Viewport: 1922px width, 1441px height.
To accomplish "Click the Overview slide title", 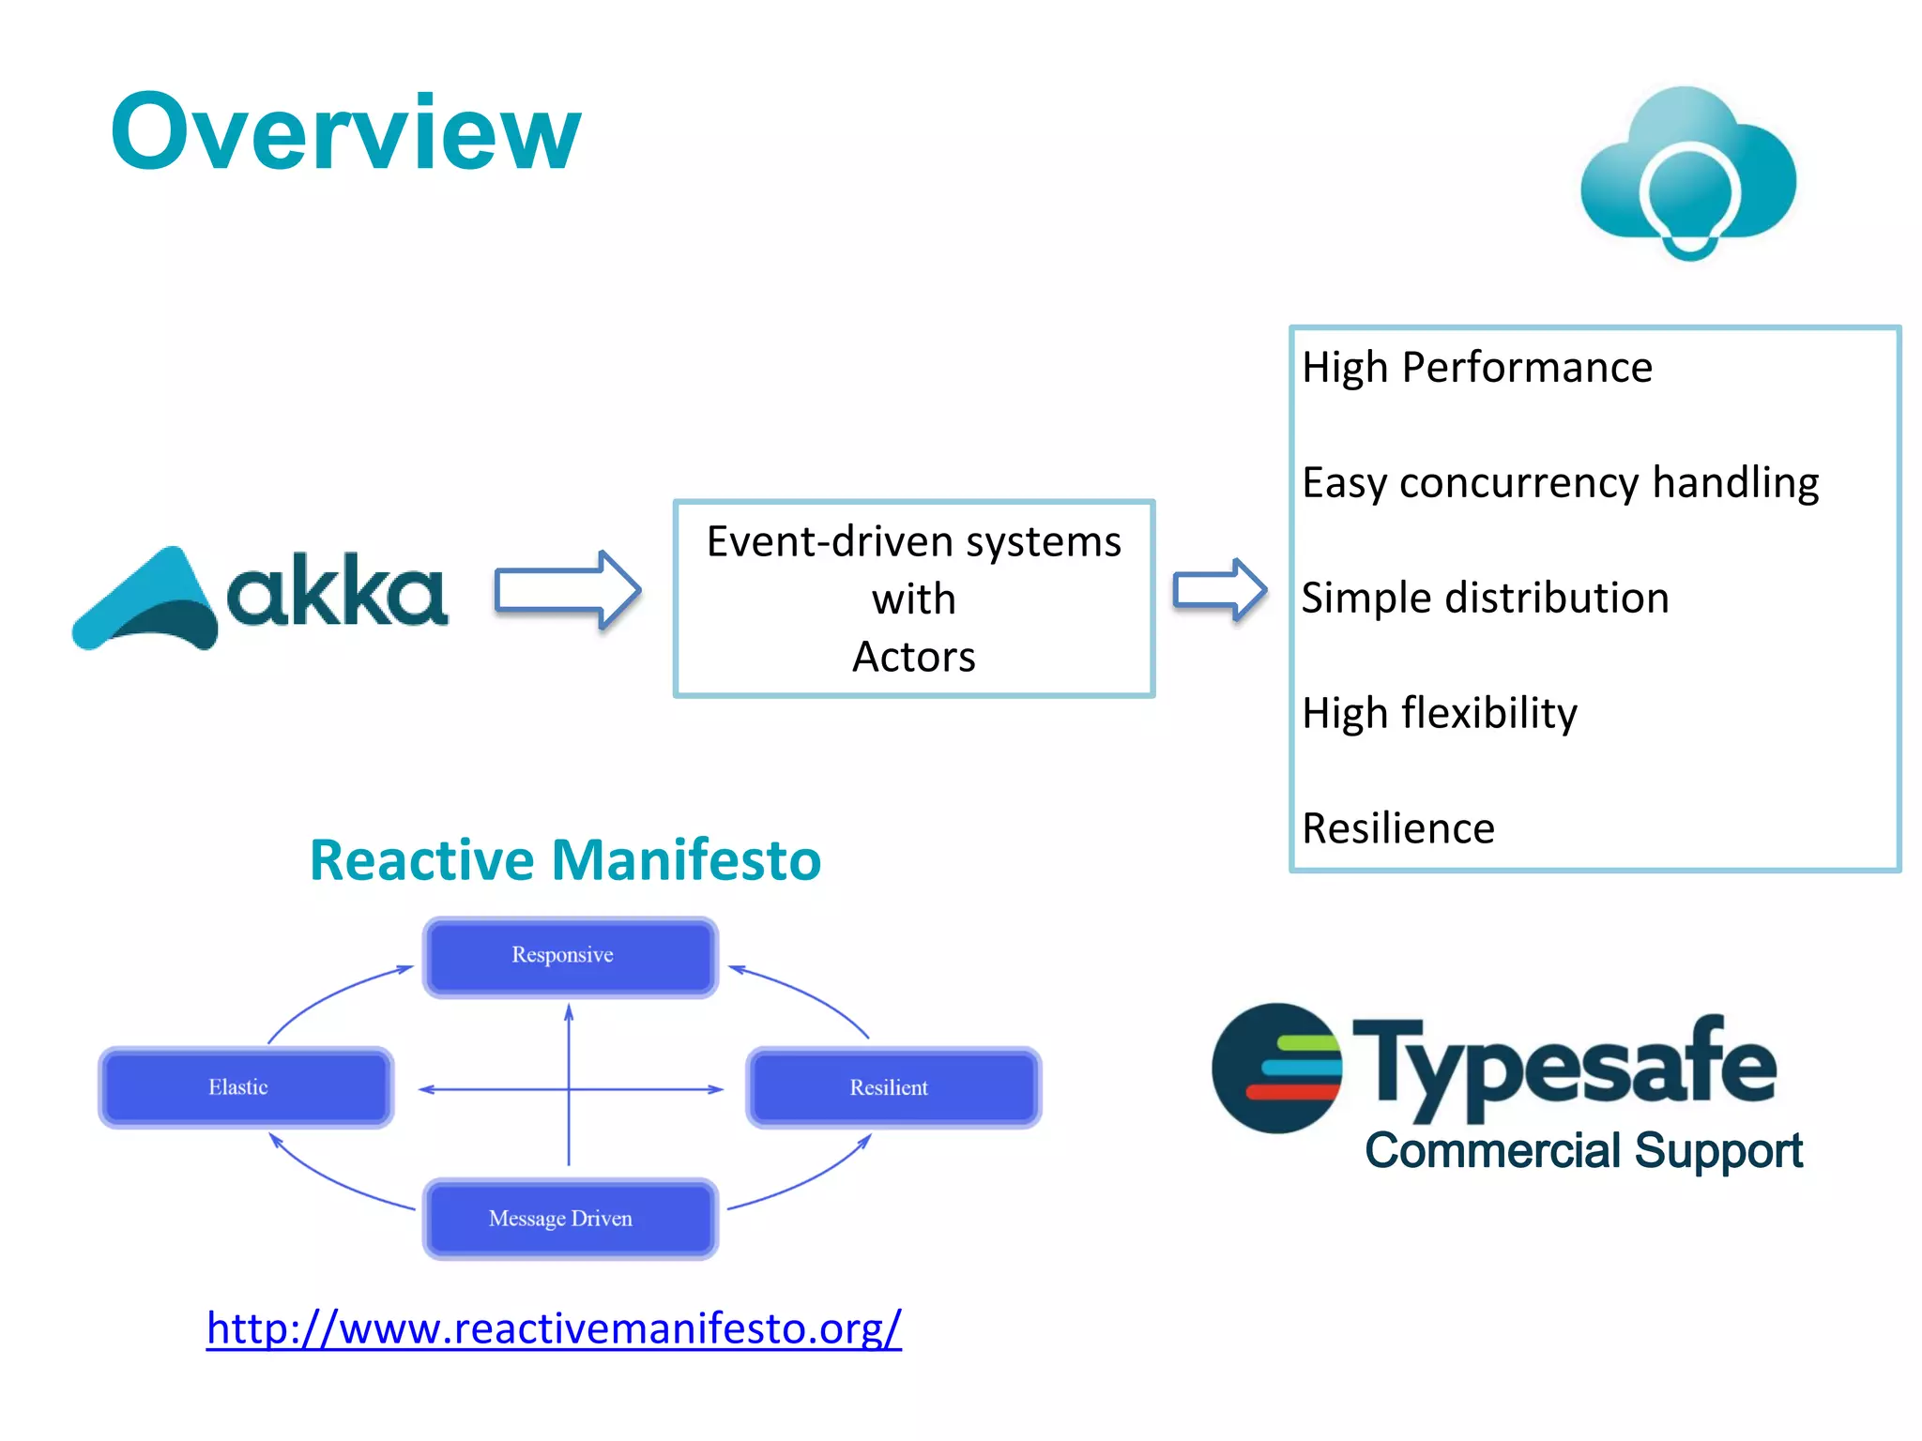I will [x=345, y=133].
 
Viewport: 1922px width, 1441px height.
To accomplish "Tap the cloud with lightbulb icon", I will [x=1687, y=174].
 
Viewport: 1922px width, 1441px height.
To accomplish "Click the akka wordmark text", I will [x=337, y=591].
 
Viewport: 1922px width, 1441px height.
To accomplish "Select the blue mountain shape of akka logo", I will [x=145, y=600].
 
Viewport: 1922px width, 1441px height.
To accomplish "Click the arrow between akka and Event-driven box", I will [x=567, y=590].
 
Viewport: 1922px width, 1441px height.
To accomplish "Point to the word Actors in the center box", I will [x=913, y=657].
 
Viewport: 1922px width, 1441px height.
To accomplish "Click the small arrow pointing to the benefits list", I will [x=1218, y=590].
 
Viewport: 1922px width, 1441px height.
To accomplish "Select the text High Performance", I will [x=1476, y=367].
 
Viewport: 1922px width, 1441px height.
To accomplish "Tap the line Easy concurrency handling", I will [x=1560, y=482].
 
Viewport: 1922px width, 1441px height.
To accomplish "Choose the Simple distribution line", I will [x=1485, y=598].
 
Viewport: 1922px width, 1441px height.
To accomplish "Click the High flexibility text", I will [x=1439, y=713].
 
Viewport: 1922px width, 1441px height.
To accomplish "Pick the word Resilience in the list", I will [x=1397, y=828].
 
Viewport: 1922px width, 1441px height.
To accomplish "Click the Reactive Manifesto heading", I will [x=565, y=859].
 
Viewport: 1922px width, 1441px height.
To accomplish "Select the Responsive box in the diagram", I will [x=570, y=956].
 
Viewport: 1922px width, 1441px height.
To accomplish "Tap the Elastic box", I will [x=245, y=1087].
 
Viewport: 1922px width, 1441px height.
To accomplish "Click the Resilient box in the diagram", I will [x=892, y=1087].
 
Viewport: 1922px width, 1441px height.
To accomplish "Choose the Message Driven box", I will [x=570, y=1218].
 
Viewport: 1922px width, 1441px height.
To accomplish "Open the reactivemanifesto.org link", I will [x=554, y=1328].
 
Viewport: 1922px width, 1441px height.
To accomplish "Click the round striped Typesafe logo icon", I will [x=1276, y=1069].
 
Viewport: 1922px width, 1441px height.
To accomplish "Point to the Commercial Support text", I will [x=1583, y=1150].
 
